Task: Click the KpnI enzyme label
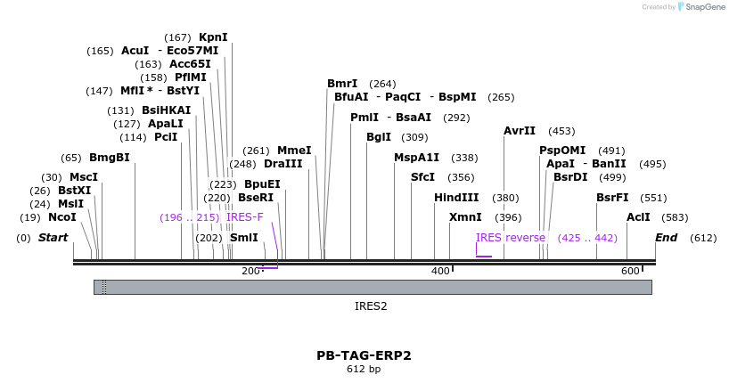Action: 213,37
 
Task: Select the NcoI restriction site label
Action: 62,217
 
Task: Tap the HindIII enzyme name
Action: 456,198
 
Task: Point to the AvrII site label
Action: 520,131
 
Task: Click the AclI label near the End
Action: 638,217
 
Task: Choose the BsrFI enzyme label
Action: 612,198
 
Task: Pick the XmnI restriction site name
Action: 465,217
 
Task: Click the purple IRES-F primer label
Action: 245,217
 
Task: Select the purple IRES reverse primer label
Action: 511,238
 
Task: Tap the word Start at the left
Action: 53,238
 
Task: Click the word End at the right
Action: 666,238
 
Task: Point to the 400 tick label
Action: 440,271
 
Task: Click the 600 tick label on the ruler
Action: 630,271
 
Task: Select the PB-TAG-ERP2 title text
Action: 364,355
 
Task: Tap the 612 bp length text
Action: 364,370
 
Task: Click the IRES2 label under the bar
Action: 371,306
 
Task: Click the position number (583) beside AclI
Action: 676,217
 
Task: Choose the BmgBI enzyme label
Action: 110,158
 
